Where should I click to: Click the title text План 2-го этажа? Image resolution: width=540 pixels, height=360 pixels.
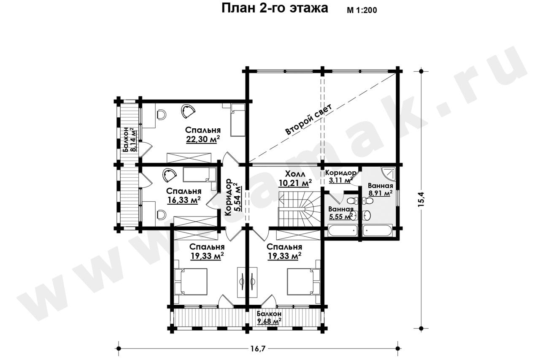pos(275,8)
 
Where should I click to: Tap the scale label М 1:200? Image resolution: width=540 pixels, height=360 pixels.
pos(362,10)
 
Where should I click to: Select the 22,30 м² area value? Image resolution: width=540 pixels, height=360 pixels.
pos(203,139)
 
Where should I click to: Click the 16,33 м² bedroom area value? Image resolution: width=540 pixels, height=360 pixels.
pos(184,200)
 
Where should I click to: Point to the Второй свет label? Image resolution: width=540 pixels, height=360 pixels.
pos(309,119)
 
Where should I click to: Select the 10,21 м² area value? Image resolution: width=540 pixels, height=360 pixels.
pos(295,183)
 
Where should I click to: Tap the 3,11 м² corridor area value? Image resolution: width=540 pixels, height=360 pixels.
pos(340,180)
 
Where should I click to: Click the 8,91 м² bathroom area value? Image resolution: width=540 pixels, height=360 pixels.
pos(380,193)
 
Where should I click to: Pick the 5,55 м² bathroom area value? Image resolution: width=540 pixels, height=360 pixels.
pos(341,216)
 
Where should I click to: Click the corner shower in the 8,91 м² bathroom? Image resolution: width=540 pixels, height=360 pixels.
pos(389,174)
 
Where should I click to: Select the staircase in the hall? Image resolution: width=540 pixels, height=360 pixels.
pos(300,209)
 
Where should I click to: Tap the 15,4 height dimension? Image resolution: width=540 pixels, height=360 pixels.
pos(421,199)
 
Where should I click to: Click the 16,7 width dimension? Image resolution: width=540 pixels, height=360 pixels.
pos(258,349)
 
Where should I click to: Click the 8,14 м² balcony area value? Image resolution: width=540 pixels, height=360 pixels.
pos(133,140)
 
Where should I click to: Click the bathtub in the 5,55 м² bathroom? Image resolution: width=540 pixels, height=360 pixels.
pos(342,231)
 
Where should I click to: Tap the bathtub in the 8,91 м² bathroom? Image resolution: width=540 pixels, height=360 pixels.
pos(378,231)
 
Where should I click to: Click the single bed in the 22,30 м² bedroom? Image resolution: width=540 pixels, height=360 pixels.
pos(238,120)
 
